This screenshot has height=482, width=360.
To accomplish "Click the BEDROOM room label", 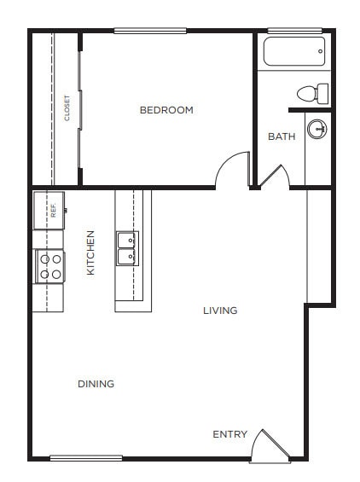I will click(x=166, y=110).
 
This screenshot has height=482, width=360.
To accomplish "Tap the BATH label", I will click(x=282, y=136).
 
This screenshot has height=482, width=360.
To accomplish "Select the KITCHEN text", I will click(x=90, y=253).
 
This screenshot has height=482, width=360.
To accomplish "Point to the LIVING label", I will click(x=220, y=311).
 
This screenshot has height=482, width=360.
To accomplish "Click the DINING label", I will click(x=96, y=384).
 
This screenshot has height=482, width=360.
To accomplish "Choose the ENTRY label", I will click(x=229, y=435).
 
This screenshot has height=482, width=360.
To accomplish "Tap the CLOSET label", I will click(x=67, y=108).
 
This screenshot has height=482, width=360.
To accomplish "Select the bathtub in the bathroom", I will click(x=294, y=51).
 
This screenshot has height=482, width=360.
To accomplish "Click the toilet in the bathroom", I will click(x=312, y=92).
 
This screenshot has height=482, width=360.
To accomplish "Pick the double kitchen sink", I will click(x=127, y=248).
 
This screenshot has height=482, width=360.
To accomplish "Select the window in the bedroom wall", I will click(x=150, y=31).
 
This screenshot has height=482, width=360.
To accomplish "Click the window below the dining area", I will click(x=85, y=459).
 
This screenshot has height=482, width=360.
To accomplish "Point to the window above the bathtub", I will click(x=294, y=31).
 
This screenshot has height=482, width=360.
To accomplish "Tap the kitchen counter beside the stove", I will click(x=48, y=297).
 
